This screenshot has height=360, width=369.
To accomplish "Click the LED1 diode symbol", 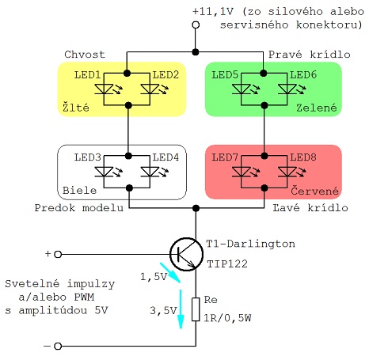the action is click(x=105, y=89).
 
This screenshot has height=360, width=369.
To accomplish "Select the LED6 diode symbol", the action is click(x=287, y=89).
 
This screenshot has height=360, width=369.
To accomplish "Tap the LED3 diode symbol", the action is click(x=105, y=172).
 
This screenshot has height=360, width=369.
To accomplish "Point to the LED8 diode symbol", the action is click(x=287, y=172).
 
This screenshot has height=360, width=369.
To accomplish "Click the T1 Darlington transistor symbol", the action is click(x=186, y=254).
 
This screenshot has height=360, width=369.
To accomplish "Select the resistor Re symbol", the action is click(x=196, y=309).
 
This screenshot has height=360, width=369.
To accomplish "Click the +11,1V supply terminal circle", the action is click(x=196, y=25).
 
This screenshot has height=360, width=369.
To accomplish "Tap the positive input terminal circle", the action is click(x=58, y=254).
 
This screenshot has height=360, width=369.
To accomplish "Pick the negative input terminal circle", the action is click(x=58, y=346).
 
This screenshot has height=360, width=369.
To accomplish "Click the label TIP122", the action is click(x=227, y=263).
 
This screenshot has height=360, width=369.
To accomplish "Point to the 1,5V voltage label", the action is click(x=154, y=277).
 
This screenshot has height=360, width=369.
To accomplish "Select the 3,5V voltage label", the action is click(x=163, y=310).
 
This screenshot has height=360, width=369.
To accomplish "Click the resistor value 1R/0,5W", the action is click(x=227, y=318).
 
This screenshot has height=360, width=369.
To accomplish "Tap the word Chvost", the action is click(x=85, y=55).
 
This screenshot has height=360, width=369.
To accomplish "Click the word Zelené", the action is click(x=317, y=108).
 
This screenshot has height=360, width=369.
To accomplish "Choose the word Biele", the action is click(x=79, y=191).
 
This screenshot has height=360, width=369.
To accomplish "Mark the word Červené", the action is click(x=314, y=191).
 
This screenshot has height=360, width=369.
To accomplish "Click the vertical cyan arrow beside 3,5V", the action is click(x=181, y=309).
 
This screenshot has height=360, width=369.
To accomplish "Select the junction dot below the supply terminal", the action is click(x=196, y=52).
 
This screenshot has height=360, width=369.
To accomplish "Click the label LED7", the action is click(x=225, y=157).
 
